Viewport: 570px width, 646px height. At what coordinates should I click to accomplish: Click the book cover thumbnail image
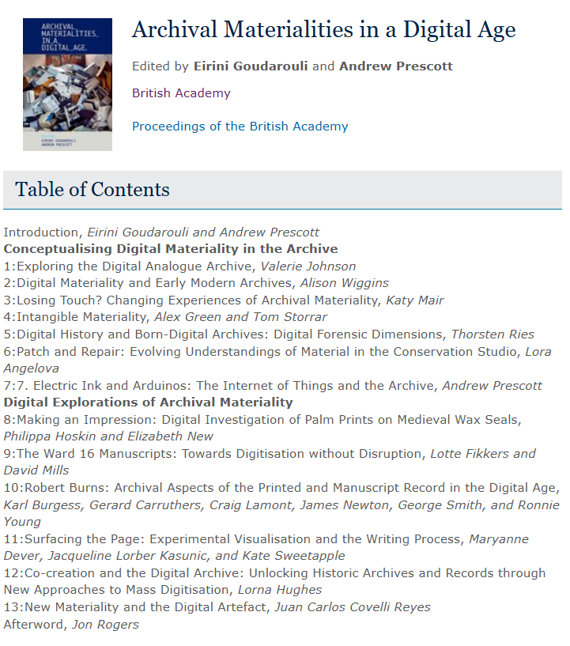tap(67, 84)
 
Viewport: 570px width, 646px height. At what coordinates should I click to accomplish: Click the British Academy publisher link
tap(181, 93)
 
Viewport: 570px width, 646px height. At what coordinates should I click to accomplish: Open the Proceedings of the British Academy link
tap(240, 127)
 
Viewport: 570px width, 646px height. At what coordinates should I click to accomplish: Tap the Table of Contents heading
tap(92, 190)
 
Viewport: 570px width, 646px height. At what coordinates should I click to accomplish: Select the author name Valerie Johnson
tap(310, 266)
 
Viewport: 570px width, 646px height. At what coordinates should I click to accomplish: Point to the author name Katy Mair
tap(415, 300)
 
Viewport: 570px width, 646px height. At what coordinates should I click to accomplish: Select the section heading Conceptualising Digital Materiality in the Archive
tap(171, 249)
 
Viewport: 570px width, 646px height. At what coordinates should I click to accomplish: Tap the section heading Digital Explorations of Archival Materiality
tap(148, 402)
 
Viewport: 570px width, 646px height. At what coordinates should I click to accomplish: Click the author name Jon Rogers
tap(105, 625)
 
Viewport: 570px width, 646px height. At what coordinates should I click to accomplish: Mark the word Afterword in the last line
tap(34, 625)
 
